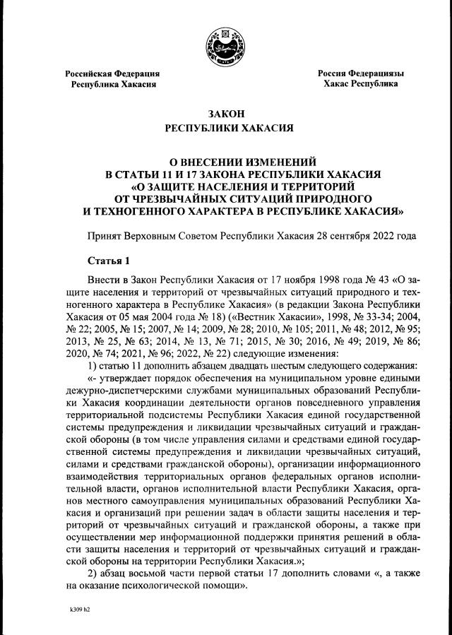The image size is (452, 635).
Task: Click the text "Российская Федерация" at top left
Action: (x=112, y=73)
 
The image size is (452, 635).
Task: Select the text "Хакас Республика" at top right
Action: (x=360, y=84)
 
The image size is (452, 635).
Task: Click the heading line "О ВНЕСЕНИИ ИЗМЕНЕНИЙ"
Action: (x=225, y=160)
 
